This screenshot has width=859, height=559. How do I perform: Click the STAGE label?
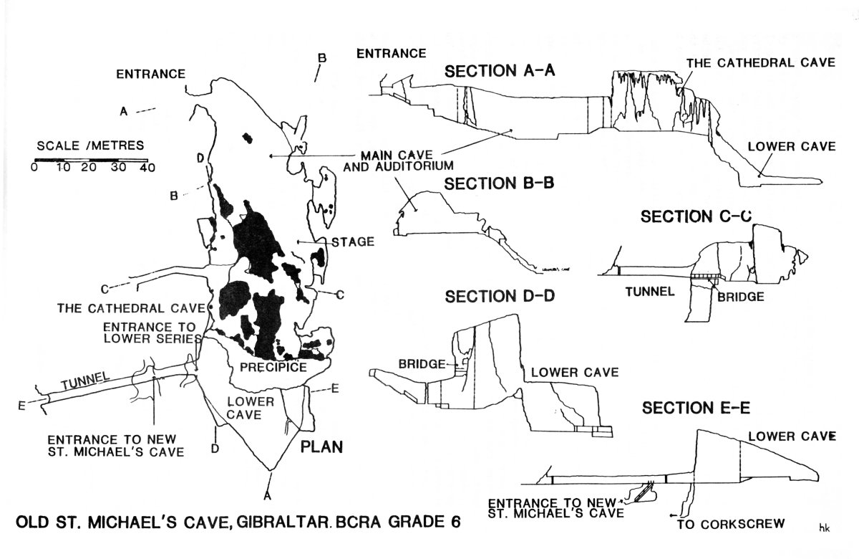point(353,242)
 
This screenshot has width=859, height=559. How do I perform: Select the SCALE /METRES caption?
point(90,145)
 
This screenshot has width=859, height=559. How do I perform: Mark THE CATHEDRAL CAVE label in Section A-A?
point(761,62)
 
